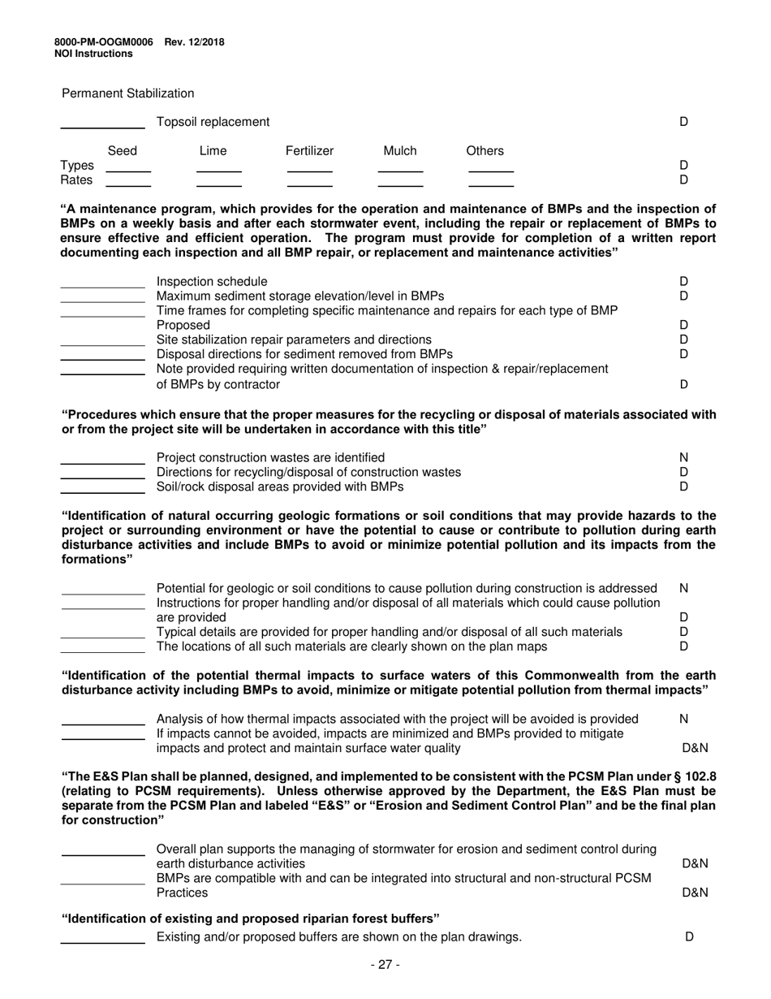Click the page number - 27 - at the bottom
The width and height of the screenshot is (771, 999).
(x=385, y=965)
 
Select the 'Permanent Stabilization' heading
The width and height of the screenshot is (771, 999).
(x=128, y=93)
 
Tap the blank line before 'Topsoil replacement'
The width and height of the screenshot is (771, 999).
(x=103, y=127)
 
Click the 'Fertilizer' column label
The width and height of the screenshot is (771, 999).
(x=309, y=151)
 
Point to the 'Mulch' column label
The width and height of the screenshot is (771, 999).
(x=399, y=151)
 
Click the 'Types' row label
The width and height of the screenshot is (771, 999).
(x=77, y=166)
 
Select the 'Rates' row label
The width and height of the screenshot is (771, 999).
(x=77, y=179)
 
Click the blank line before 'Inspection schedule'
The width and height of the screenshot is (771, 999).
(x=103, y=286)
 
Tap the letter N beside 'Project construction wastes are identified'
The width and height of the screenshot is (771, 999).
(x=683, y=457)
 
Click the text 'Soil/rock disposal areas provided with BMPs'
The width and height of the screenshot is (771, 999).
(x=279, y=487)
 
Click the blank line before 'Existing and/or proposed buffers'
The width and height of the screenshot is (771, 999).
(x=103, y=942)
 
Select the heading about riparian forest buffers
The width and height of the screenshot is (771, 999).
(x=251, y=918)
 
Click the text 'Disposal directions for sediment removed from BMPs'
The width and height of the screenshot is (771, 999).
(x=304, y=354)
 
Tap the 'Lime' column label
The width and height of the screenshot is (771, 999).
(x=213, y=151)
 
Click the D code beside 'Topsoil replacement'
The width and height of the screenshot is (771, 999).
(x=683, y=122)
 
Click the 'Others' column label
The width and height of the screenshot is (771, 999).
(x=485, y=151)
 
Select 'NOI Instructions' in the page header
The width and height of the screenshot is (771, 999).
(x=93, y=54)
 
